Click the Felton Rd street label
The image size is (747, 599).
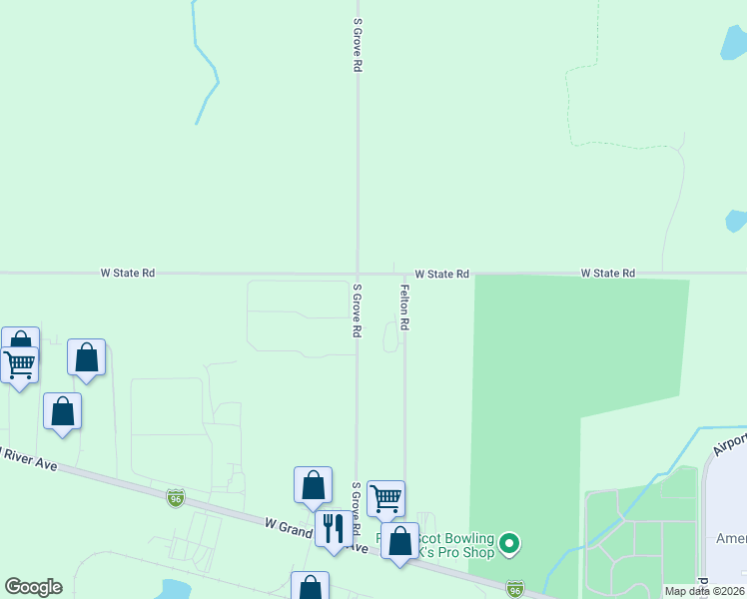pos(404,308)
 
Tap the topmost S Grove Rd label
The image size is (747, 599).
pos(357,45)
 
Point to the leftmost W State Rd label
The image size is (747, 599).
pos(128,273)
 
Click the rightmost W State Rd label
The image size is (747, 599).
pos(608,273)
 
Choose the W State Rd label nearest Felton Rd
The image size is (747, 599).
pos(442,273)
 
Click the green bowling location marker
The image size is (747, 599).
pos(510,544)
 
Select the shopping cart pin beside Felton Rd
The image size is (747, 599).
pos(385,496)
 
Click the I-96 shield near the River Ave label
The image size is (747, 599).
pos(176,497)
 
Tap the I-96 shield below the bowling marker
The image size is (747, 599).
pos(514,589)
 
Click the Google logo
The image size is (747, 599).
pos(33,587)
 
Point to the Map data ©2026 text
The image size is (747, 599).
pos(705,591)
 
